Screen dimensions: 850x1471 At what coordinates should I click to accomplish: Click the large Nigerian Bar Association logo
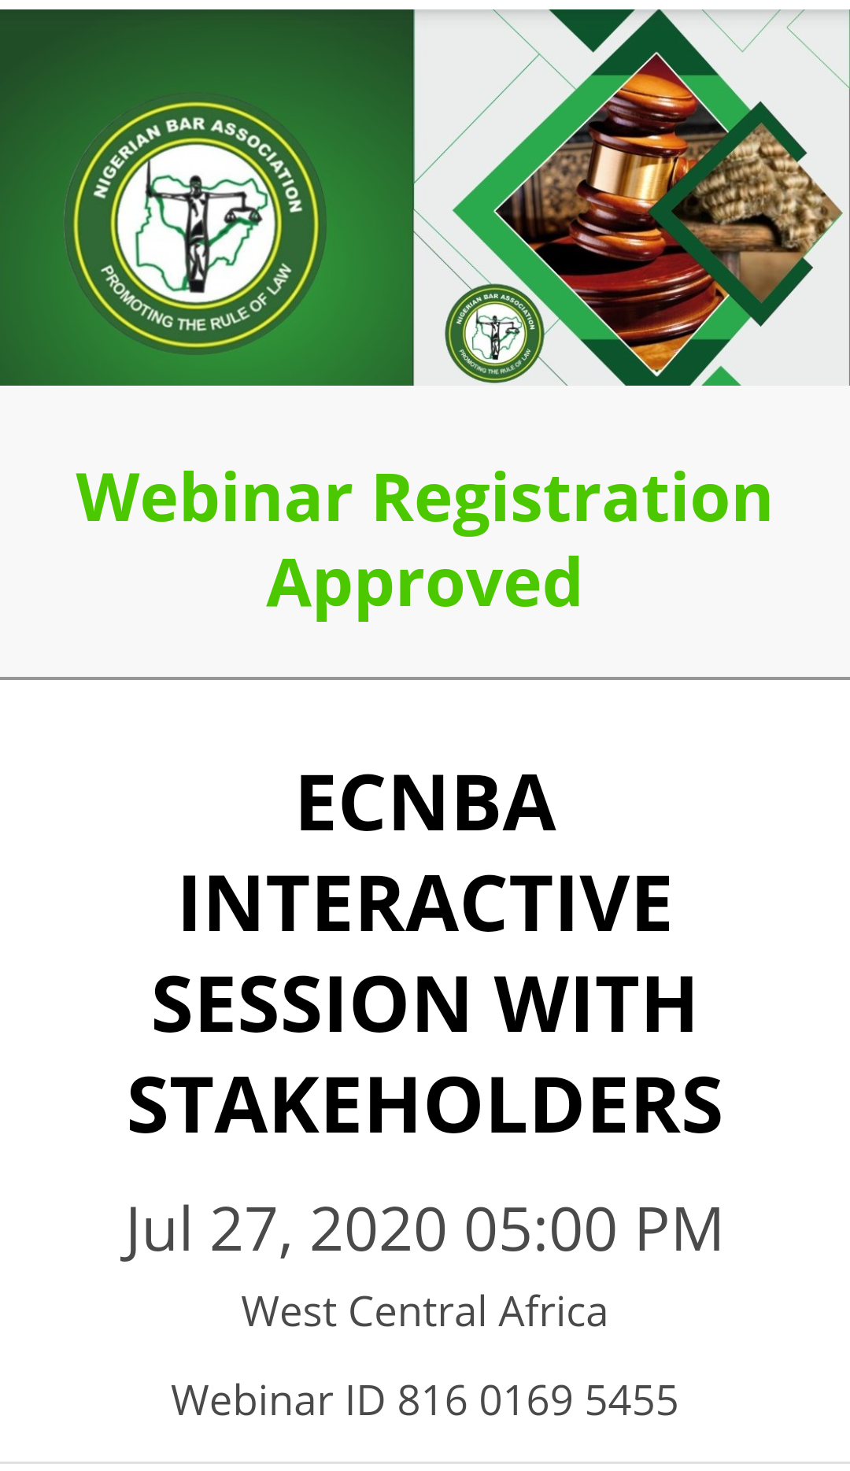click(x=195, y=224)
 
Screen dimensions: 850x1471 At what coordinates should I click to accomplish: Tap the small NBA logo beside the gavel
click(x=494, y=333)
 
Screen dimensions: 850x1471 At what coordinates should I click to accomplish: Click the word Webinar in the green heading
click(x=214, y=497)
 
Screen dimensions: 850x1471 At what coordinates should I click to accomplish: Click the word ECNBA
click(x=427, y=803)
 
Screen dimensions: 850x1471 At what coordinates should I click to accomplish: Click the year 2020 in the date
click(x=379, y=1229)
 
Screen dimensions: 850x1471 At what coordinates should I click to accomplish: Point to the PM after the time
click(x=678, y=1229)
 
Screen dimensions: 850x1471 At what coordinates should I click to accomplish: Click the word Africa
click(x=553, y=1312)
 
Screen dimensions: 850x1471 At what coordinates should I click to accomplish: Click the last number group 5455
click(x=632, y=1400)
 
